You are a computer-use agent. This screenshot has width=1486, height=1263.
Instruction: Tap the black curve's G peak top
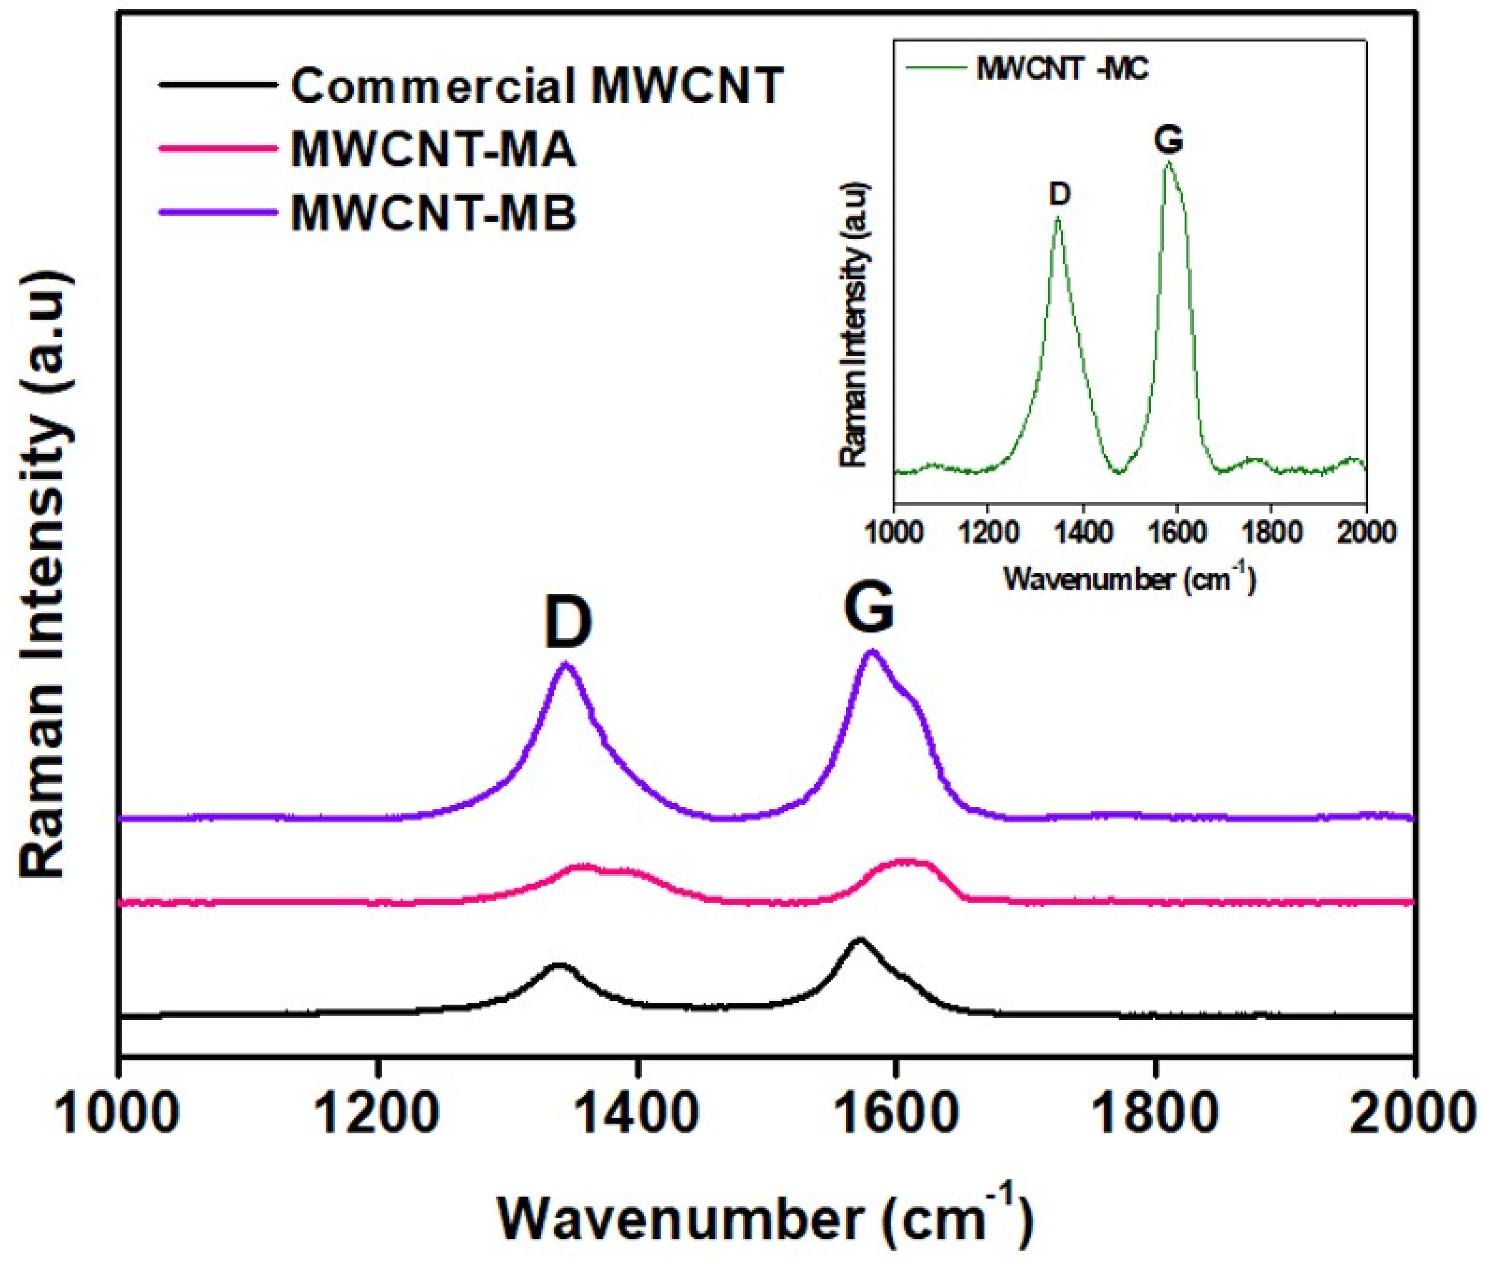(859, 940)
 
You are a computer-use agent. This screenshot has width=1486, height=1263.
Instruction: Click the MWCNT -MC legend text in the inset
(1062, 70)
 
